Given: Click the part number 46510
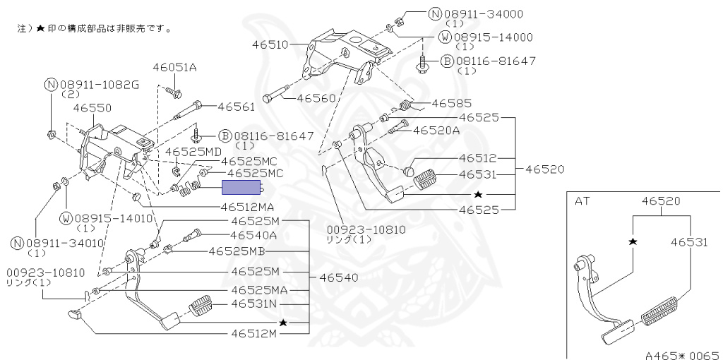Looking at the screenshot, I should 269,44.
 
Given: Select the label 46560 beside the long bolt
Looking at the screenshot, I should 316,98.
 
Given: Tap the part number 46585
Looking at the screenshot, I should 451,103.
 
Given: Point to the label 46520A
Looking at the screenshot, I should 436,130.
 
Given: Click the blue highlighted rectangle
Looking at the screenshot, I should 242,187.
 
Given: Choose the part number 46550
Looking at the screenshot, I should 93,109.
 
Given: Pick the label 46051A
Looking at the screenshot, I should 174,67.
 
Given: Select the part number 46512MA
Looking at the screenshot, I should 247,208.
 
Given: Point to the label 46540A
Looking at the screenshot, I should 254,235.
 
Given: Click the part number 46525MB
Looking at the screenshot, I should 237,251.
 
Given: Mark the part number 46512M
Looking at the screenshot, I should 254,333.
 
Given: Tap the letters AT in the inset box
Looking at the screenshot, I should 582,201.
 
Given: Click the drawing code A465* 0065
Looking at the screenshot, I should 681,354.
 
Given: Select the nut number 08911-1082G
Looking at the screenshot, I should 98,84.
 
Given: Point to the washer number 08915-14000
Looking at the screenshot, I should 493,37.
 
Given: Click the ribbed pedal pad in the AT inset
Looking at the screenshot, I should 662,311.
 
